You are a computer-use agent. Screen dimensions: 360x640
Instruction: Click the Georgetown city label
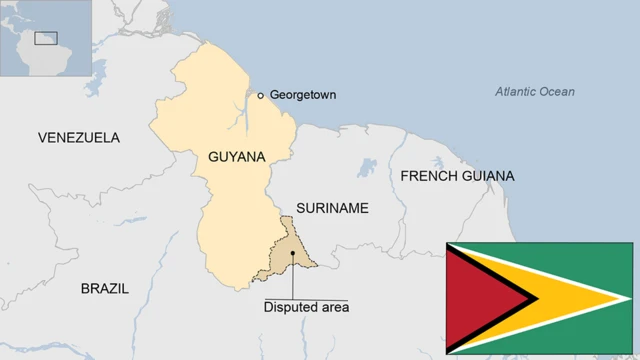tap(303, 95)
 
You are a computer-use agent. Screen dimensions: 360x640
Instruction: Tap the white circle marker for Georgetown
tap(260, 95)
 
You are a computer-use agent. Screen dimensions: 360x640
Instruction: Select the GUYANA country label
tap(237, 157)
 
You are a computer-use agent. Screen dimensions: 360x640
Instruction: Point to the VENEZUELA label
tap(78, 137)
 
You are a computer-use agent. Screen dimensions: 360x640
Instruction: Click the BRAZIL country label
tap(105, 288)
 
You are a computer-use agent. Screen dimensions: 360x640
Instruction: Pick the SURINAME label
tap(332, 208)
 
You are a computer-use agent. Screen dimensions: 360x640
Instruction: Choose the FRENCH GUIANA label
tap(457, 176)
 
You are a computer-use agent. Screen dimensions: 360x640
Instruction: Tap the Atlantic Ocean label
tap(535, 92)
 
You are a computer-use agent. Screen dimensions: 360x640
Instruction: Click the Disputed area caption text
tap(306, 308)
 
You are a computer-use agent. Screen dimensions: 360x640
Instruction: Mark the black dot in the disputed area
tap(292, 253)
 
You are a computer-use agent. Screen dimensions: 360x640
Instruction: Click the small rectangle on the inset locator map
tap(46, 38)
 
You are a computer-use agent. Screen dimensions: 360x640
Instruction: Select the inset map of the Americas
tap(46, 38)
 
